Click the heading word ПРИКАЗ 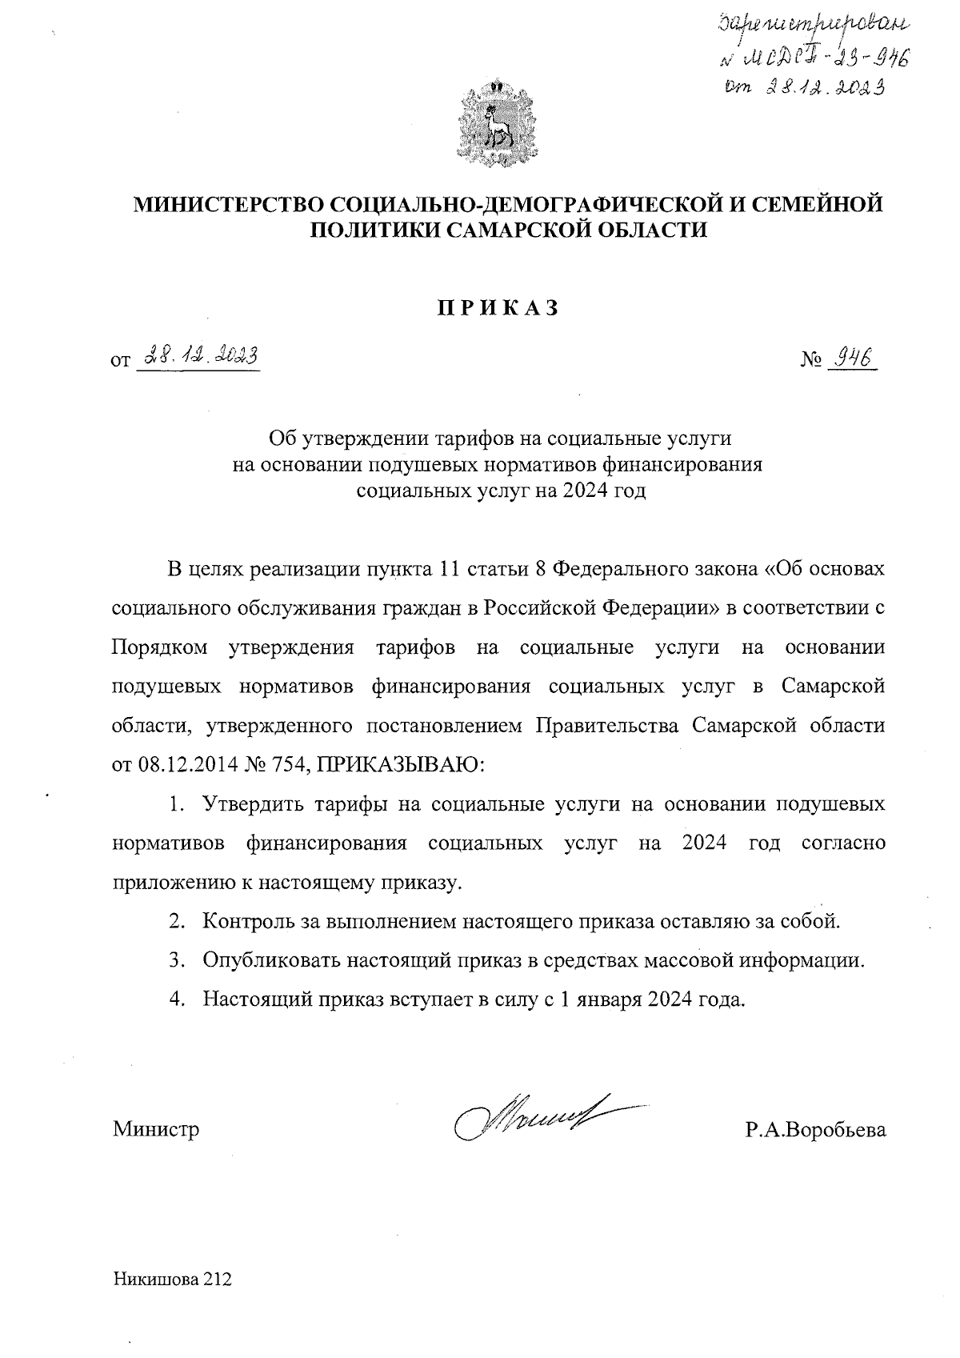pos(497,309)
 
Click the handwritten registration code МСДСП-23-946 pos(821,58)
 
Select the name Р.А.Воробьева pos(814,1129)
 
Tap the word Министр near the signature pos(156,1129)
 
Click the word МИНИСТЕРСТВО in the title pos(227,204)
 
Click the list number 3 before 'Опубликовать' pos(175,959)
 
